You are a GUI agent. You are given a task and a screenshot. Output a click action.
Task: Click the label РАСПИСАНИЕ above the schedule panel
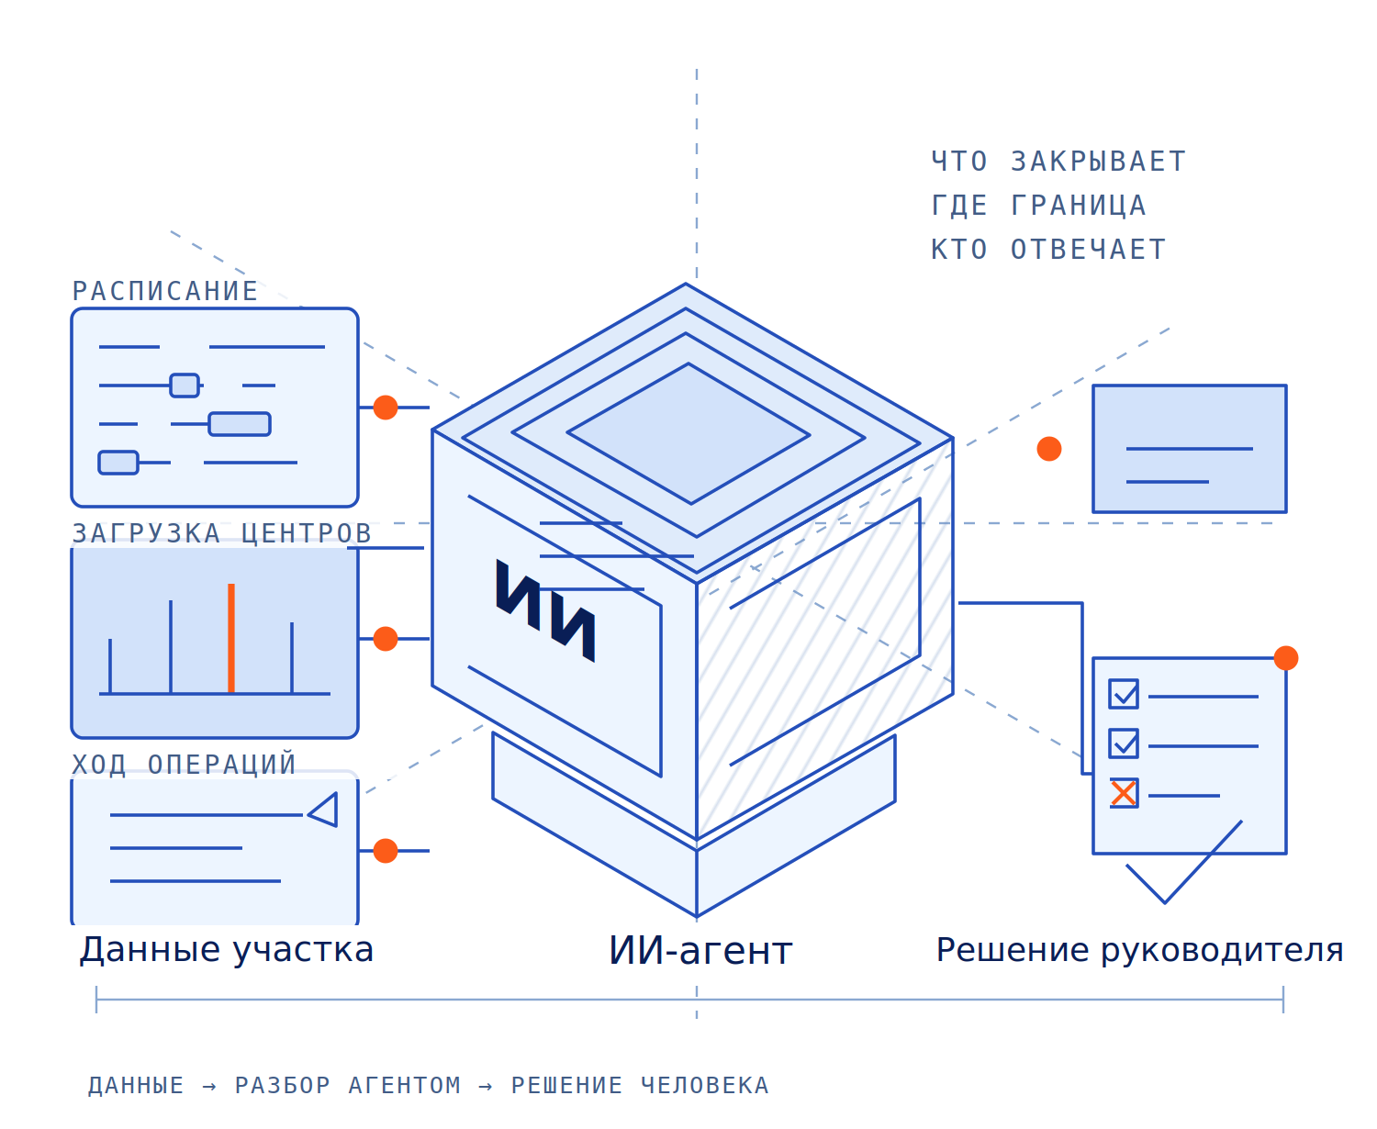point(164,291)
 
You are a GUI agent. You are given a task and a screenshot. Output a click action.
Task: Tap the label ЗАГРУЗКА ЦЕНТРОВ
point(221,532)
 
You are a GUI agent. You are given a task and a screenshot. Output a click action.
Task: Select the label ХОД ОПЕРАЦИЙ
point(184,764)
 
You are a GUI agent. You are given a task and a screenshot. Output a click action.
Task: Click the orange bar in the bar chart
point(230,638)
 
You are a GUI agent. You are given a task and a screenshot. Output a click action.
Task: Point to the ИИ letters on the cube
point(545,609)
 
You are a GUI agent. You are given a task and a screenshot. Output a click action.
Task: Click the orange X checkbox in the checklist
point(1123,793)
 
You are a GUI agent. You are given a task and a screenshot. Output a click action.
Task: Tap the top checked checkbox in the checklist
point(1123,694)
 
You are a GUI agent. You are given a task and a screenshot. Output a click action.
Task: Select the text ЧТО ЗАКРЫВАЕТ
point(1058,162)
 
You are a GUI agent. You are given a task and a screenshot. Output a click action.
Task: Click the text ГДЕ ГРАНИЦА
point(1038,205)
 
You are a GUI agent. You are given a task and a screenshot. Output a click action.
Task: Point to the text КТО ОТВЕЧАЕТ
point(1048,250)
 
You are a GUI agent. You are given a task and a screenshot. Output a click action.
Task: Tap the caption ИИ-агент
point(700,951)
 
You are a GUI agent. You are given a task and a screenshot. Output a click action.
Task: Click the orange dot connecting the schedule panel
point(386,408)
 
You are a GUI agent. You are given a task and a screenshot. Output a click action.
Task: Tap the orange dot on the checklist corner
point(1285,658)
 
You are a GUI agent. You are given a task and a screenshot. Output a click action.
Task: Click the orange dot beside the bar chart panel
point(386,639)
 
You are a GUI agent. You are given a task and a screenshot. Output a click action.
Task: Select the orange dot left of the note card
point(1048,449)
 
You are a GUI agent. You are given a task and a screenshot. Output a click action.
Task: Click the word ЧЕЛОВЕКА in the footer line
point(704,1086)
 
